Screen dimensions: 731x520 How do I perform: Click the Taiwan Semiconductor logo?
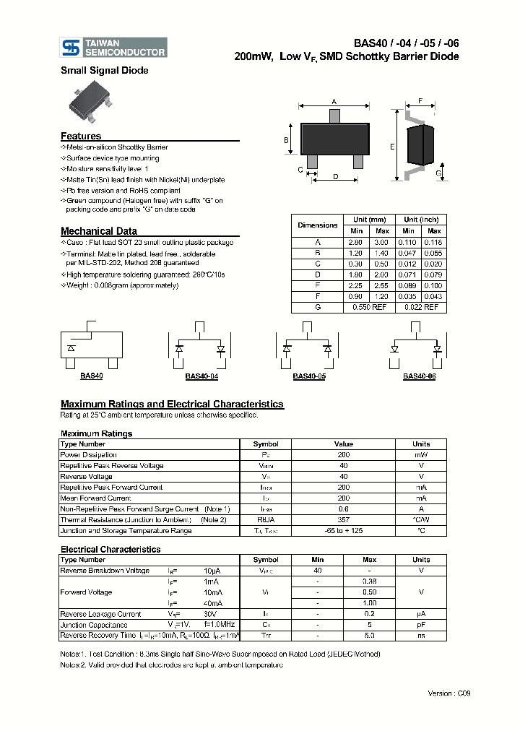pyautogui.click(x=115, y=48)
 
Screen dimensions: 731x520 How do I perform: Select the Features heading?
pyautogui.click(x=81, y=136)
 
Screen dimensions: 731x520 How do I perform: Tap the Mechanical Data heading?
pyautogui.click(x=99, y=231)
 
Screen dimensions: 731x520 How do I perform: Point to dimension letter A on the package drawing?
pyautogui.click(x=334, y=101)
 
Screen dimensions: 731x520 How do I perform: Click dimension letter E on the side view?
pyautogui.click(x=392, y=147)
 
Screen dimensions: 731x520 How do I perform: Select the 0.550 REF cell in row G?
pyautogui.click(x=370, y=308)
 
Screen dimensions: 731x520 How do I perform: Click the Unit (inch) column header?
pyautogui.click(x=421, y=220)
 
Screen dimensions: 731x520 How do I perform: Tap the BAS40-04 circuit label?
pyautogui.click(x=201, y=376)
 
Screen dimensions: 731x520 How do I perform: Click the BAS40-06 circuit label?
pyautogui.click(x=419, y=376)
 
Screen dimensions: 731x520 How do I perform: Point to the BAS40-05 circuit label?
pyautogui.click(x=309, y=376)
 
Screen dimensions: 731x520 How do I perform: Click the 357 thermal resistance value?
pyautogui.click(x=343, y=520)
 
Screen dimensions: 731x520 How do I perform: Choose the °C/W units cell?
pyautogui.click(x=420, y=520)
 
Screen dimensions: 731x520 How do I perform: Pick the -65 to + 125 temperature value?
pyautogui.click(x=343, y=531)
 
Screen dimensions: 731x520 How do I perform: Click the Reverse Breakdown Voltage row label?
pyautogui.click(x=105, y=571)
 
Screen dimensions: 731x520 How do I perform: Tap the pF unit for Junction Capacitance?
pyautogui.click(x=420, y=625)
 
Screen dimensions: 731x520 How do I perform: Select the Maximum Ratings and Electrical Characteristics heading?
pyautogui.click(x=172, y=405)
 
